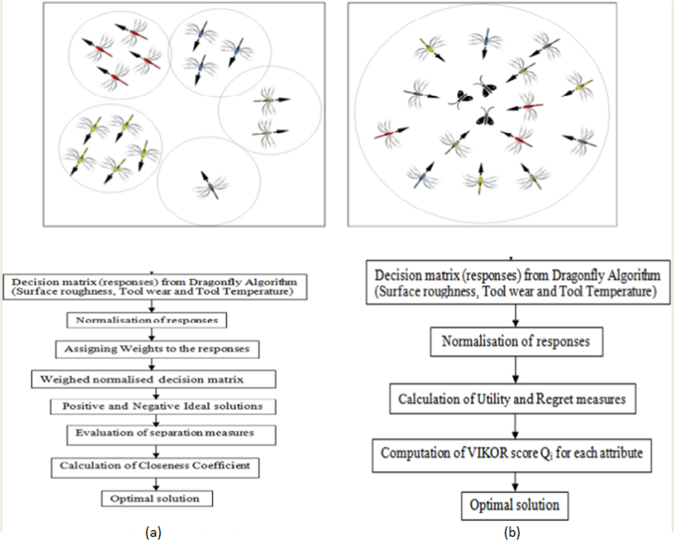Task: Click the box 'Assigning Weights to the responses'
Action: [157, 349]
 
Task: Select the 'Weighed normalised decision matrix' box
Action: [153, 379]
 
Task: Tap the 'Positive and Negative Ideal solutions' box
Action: [163, 406]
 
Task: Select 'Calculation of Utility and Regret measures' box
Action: [512, 399]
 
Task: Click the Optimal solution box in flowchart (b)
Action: [514, 506]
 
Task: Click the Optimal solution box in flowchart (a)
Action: [157, 498]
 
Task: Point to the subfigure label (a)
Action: [153, 533]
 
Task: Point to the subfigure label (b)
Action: [512, 533]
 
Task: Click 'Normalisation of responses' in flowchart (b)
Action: [516, 342]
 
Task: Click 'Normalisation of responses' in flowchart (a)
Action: [147, 320]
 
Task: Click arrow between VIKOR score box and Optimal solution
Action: [515, 482]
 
